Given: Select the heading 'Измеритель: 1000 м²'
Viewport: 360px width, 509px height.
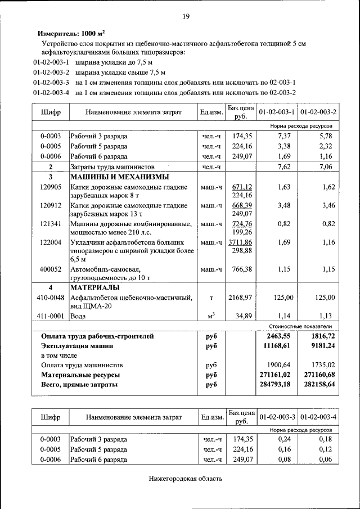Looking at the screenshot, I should (71, 33).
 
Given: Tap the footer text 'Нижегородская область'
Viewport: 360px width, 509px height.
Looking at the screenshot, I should (186, 479).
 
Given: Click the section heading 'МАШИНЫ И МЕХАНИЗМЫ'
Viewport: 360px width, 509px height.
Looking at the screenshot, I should (111, 177).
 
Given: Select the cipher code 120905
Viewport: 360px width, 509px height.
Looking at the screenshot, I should (50, 187).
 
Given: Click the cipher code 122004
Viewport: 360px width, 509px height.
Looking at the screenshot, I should (50, 242).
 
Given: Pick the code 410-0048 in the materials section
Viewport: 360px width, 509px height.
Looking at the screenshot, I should (50, 297).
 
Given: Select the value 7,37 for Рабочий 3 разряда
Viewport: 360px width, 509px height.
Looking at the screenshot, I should (284, 136).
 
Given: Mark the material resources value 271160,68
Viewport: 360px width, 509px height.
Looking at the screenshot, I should (318, 375).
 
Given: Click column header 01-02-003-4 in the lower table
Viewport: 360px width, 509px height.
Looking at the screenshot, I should (318, 417).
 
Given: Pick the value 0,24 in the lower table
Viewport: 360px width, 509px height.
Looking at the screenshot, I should (287, 439).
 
